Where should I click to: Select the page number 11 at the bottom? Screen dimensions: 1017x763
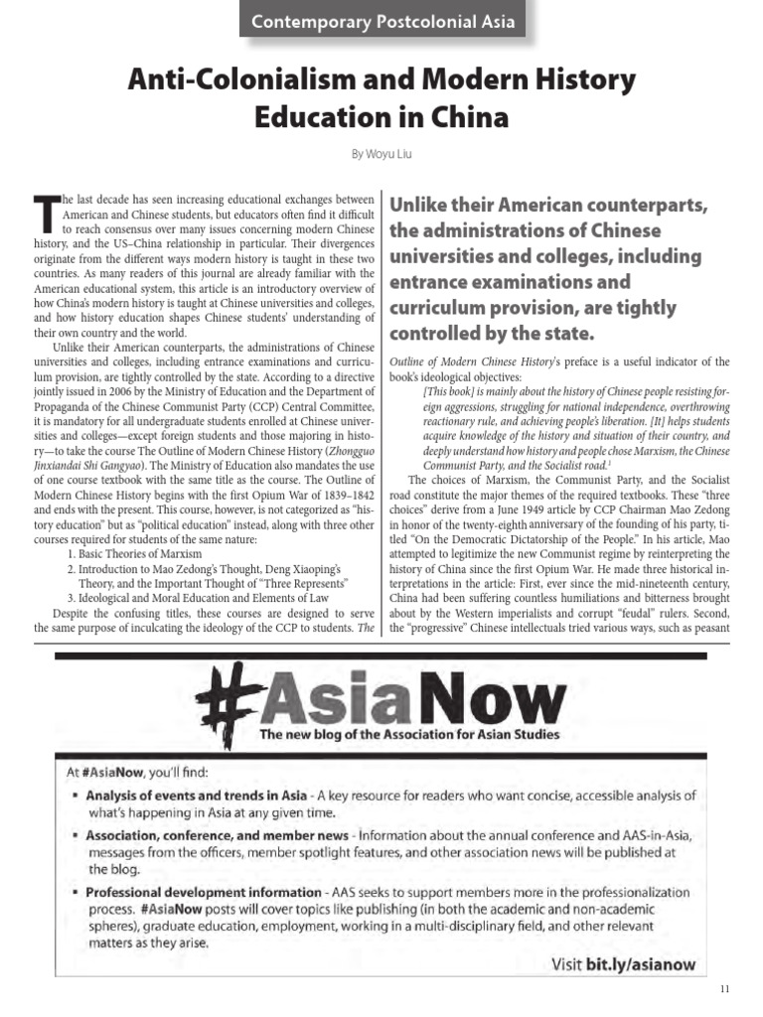coord(722,990)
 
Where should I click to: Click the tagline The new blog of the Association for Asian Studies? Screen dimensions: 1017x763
coord(409,735)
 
